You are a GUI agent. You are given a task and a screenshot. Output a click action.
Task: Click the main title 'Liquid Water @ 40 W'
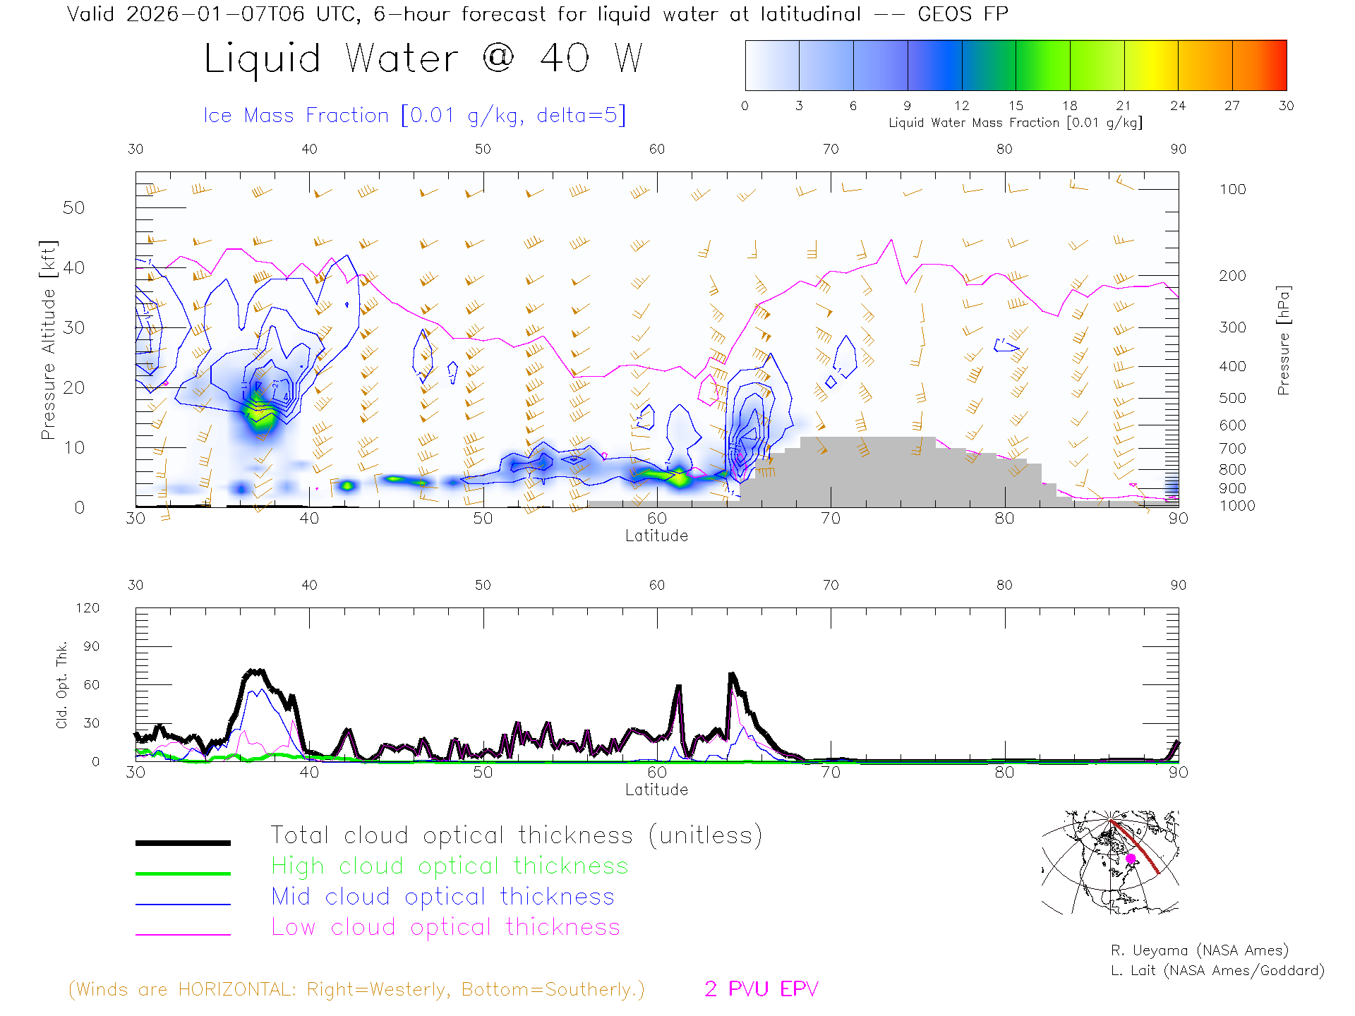[x=423, y=58]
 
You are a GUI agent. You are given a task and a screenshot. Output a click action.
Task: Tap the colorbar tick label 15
[x=1016, y=106]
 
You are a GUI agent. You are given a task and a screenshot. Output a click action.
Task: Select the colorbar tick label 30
[x=1286, y=106]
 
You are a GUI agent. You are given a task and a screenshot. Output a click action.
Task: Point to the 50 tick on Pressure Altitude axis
[x=73, y=207]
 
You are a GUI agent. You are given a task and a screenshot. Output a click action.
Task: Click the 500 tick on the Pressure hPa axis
[x=1232, y=398]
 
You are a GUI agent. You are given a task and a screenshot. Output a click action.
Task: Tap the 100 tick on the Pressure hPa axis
[x=1232, y=189]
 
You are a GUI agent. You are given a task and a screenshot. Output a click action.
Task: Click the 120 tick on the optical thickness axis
[x=88, y=608]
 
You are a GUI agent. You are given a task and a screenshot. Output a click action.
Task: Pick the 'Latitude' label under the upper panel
[x=656, y=536]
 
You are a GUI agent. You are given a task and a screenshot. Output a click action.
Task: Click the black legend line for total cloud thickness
[x=183, y=842]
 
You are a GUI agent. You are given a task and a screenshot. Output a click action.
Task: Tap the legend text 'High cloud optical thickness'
[x=450, y=866]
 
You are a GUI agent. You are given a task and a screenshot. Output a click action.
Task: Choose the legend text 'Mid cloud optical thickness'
[x=442, y=897]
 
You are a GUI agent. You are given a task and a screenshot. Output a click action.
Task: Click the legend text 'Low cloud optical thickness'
[x=445, y=927]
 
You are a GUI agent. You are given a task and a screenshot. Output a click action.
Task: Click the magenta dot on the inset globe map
[x=1131, y=859]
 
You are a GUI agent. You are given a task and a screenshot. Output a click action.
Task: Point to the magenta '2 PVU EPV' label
[x=761, y=988]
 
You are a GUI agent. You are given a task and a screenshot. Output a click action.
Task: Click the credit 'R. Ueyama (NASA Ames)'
[x=1199, y=950]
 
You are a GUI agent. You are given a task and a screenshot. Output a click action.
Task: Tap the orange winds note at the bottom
[x=356, y=989]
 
